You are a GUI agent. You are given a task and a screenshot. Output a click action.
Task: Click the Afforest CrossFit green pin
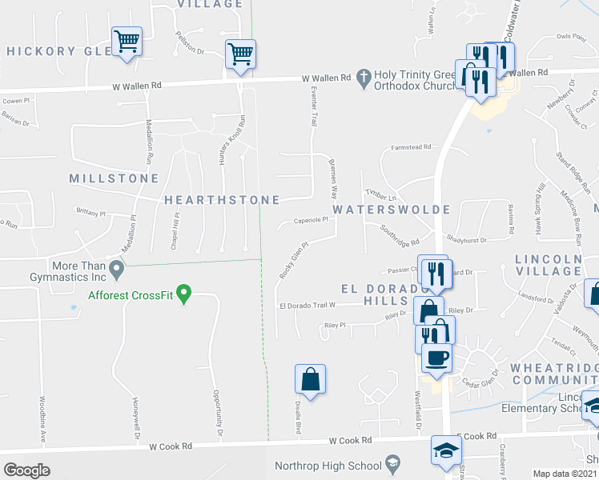[x=184, y=294]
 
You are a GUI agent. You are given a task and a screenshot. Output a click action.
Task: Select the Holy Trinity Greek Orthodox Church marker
[x=364, y=78]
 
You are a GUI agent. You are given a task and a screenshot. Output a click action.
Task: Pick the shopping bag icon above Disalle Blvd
[x=310, y=378]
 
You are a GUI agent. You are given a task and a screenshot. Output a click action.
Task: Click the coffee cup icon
[x=436, y=357]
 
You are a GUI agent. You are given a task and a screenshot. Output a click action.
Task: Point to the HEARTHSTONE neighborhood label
[x=222, y=200]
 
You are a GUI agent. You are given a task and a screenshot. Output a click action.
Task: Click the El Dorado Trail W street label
[x=318, y=306]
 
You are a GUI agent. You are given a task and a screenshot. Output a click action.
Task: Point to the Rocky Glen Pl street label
[x=293, y=261]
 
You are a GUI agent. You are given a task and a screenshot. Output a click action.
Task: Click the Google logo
[x=26, y=470]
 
